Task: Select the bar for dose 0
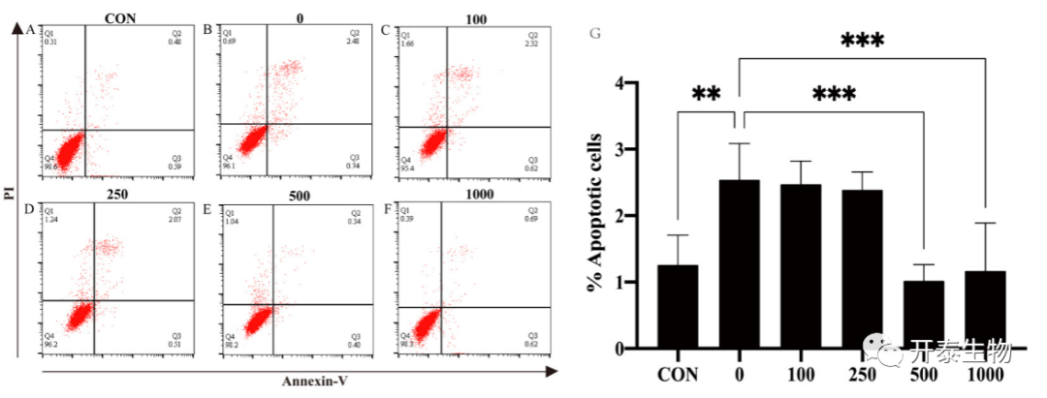(x=740, y=263)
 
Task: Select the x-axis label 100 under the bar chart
(x=801, y=375)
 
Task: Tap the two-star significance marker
(x=706, y=95)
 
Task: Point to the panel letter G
(x=596, y=34)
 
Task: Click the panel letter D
(x=31, y=207)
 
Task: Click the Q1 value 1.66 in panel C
(x=407, y=44)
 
